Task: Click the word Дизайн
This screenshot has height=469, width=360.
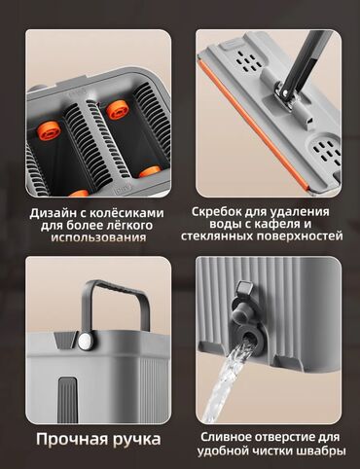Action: [x=53, y=213]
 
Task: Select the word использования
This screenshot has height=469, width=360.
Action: [x=98, y=237]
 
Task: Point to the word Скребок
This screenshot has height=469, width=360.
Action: [x=216, y=212]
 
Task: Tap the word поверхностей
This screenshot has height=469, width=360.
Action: [x=300, y=236]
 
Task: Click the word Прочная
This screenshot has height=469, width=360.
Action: [x=72, y=439]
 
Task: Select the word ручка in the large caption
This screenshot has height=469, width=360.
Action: [x=137, y=440]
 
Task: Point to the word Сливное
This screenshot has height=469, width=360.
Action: [x=225, y=437]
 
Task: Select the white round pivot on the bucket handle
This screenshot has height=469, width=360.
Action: [x=85, y=342]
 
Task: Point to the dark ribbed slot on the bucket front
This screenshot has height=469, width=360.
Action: [x=67, y=400]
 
